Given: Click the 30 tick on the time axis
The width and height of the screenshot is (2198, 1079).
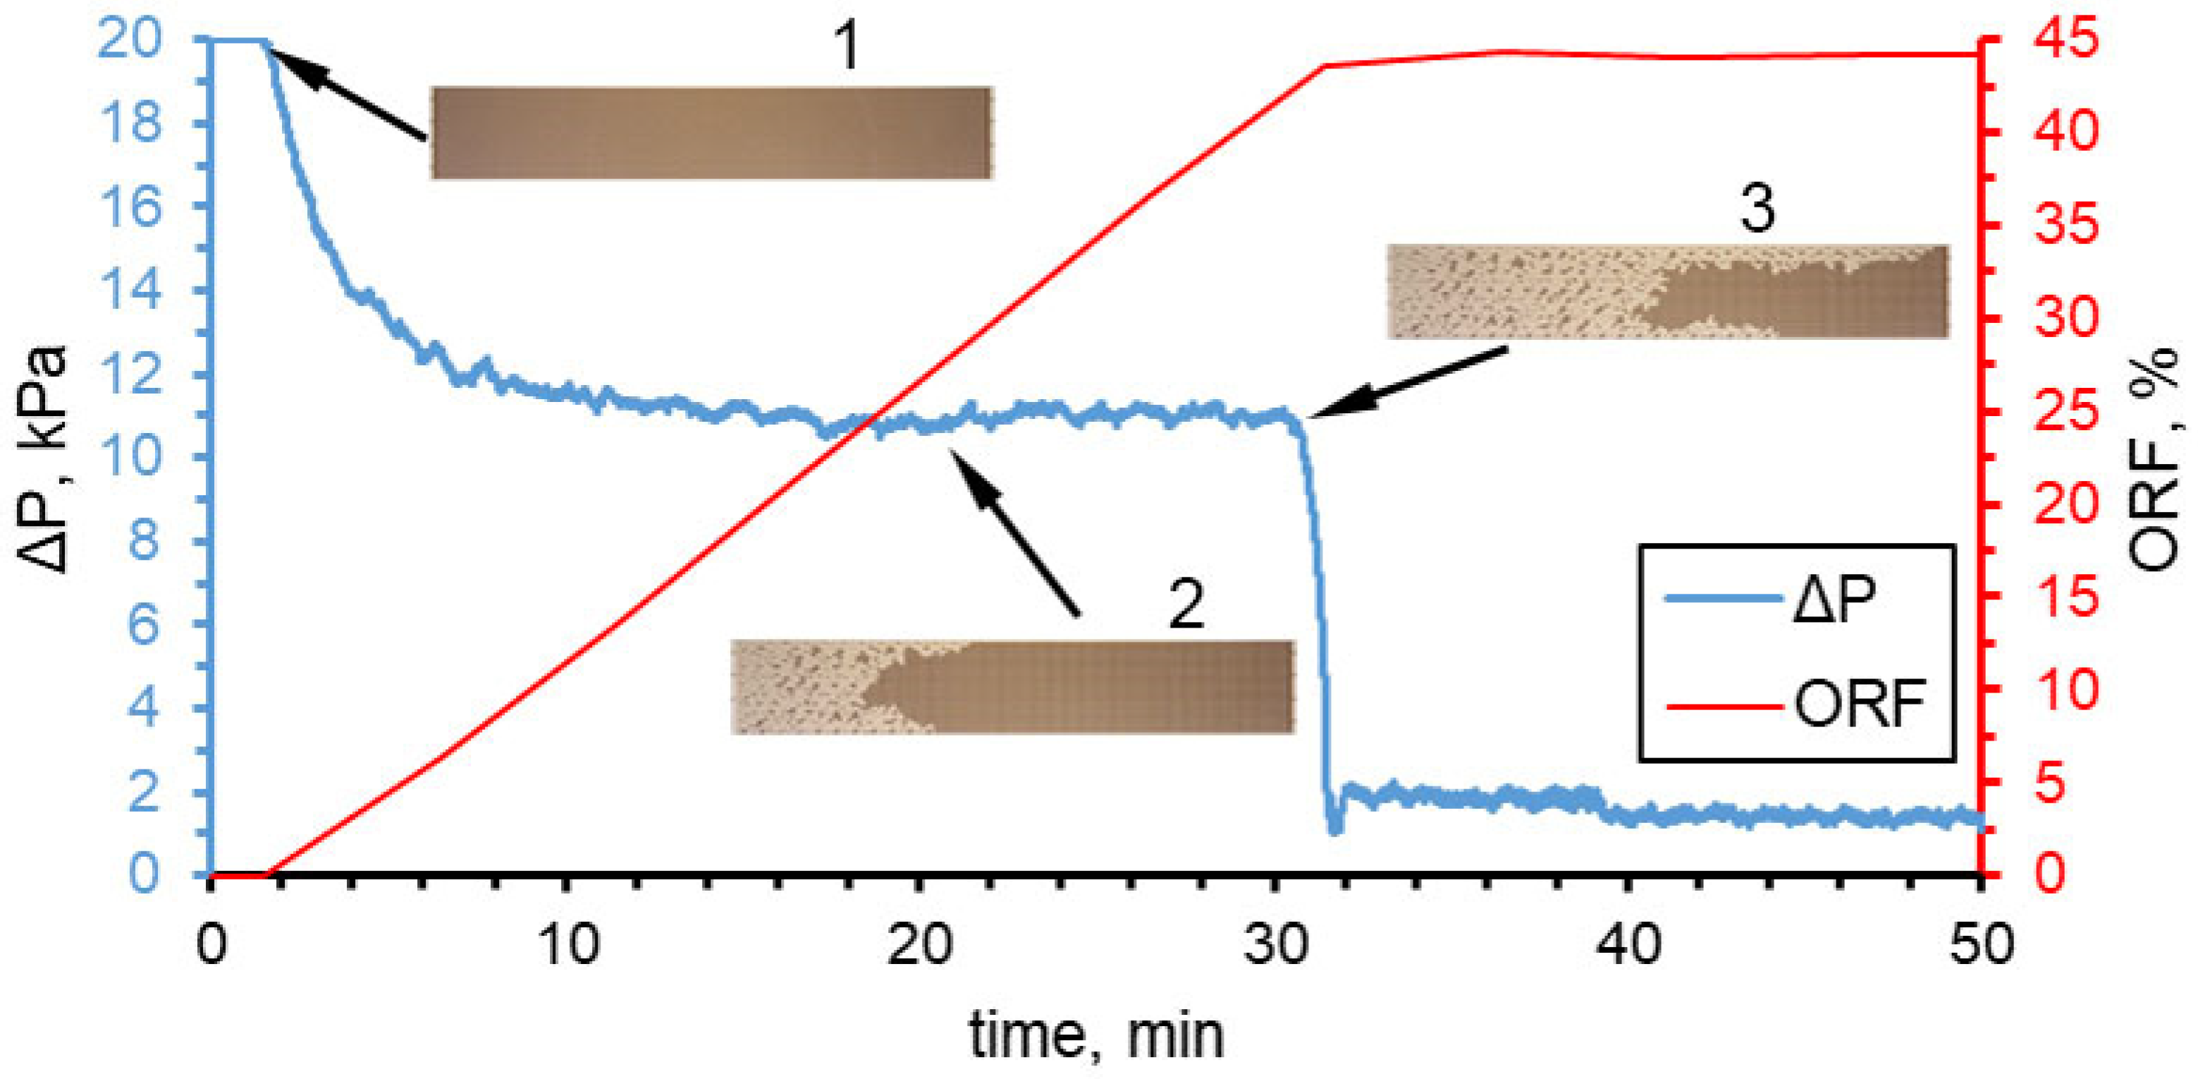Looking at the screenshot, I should (x=1276, y=946).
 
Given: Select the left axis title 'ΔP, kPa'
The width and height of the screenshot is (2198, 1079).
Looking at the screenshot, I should (x=43, y=458).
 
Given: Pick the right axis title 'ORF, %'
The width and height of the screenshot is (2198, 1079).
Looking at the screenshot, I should (x=2155, y=458).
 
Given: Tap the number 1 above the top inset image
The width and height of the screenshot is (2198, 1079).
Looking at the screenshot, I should (x=847, y=46).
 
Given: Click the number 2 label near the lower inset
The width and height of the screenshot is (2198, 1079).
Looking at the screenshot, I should (x=1186, y=604).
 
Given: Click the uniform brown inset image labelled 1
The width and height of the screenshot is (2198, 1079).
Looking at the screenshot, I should (x=711, y=133).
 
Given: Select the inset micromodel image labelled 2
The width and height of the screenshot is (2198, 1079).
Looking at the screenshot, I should (x=1013, y=686).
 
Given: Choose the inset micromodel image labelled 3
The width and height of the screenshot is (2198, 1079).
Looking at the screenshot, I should (x=1667, y=291).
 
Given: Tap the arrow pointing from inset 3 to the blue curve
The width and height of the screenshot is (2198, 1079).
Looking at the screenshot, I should (x=1408, y=382).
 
